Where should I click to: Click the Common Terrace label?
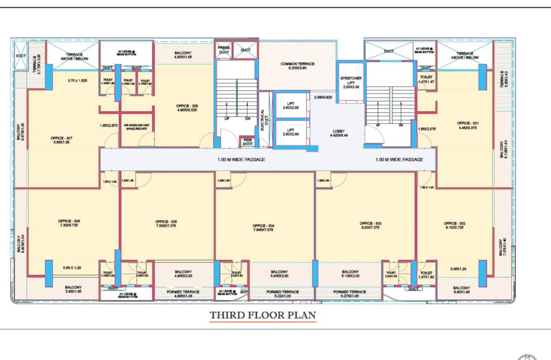pos(298,64)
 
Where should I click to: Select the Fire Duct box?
pos(247,142)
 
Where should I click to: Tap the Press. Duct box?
pos(223,50)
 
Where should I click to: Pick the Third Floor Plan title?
pos(262,315)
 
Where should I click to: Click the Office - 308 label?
pos(187,106)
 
